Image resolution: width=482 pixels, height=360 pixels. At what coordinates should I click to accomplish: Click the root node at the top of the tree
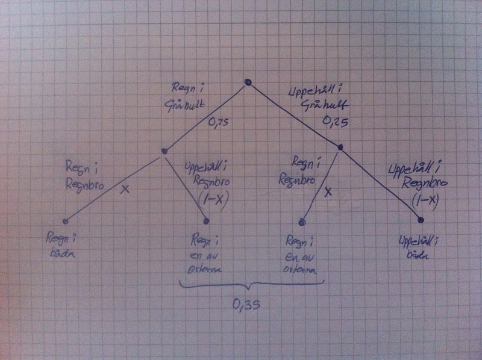(x=247, y=82)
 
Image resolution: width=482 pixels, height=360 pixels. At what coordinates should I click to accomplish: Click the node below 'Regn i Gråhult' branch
(x=163, y=152)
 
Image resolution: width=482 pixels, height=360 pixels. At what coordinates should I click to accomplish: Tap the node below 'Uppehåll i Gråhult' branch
(x=340, y=147)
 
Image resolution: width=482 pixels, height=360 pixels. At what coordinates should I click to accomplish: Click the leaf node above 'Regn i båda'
(x=66, y=220)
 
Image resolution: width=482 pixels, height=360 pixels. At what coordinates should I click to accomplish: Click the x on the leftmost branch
(x=125, y=189)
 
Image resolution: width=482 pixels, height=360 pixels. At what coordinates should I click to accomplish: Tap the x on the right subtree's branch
(x=328, y=193)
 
